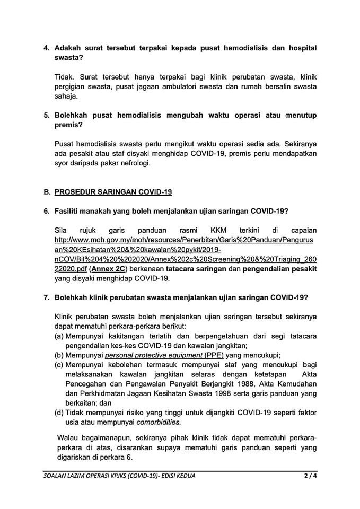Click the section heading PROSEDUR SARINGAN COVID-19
[113, 191]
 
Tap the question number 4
[46, 48]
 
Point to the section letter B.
[47, 191]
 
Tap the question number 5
[46, 115]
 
